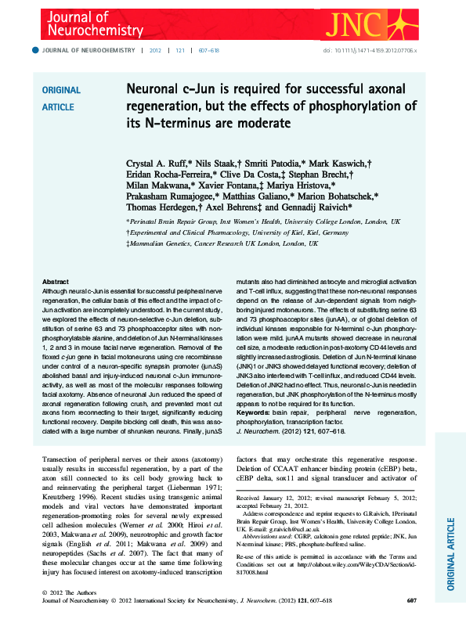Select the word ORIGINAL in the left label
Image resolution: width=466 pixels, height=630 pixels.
(x=61, y=90)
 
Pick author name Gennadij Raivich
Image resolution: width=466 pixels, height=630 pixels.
(x=316, y=208)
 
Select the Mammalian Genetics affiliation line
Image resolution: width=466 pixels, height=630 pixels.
(x=222, y=243)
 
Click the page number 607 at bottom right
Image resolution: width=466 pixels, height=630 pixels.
(x=411, y=600)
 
